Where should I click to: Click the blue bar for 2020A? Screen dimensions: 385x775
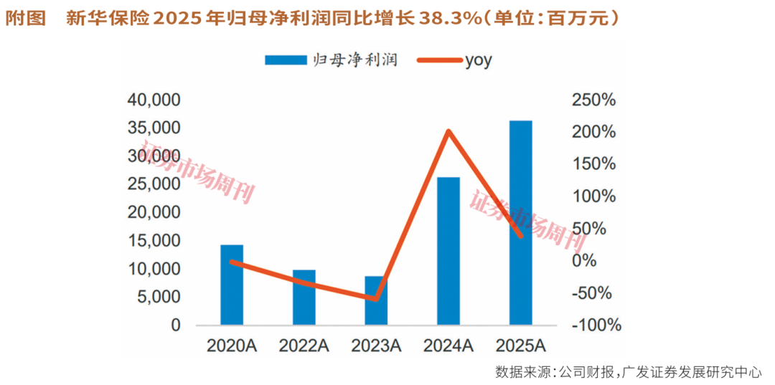pos(232,285)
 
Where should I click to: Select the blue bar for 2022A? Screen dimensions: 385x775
pos(304,298)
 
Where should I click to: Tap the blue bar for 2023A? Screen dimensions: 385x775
pos(376,301)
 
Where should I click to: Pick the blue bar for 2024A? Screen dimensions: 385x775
pos(448,251)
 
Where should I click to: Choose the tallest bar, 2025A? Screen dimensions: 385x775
pos(520,223)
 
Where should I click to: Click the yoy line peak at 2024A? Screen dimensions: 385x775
pos(448,131)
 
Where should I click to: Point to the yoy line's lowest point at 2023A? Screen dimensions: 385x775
pos(376,298)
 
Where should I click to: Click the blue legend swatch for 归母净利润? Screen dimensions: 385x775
pos(286,60)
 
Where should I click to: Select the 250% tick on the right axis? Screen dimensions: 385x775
pos(593,100)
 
